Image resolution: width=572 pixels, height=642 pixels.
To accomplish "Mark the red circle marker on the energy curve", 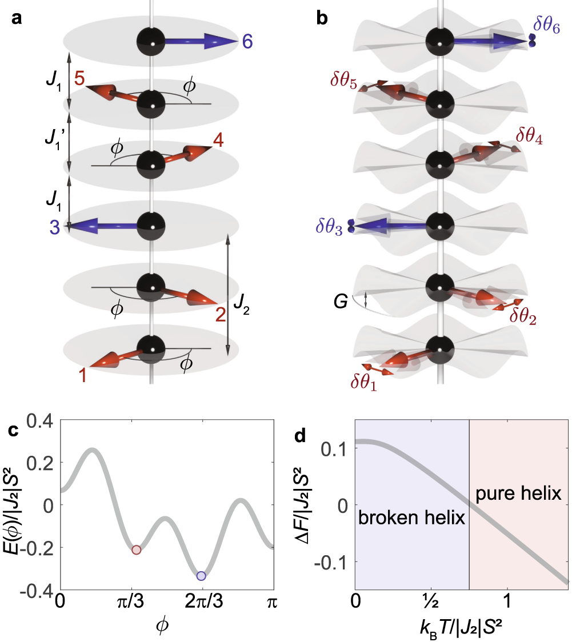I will pos(136,549).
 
